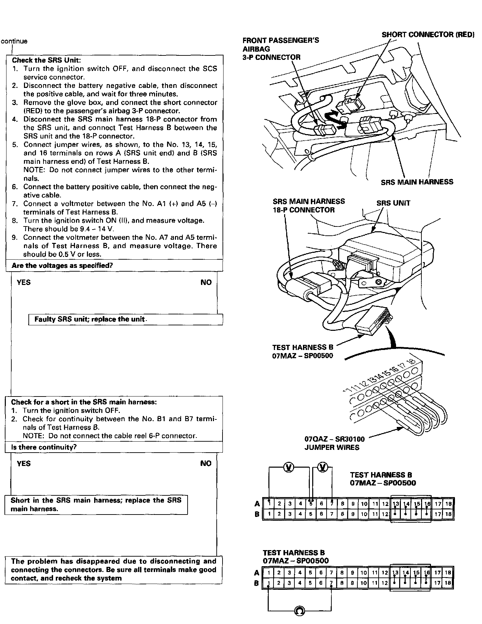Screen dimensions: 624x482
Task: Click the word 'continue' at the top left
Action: click(x=14, y=41)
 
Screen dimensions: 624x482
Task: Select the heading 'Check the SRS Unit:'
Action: click(x=46, y=60)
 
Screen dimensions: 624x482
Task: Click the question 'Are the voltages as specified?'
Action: click(x=62, y=265)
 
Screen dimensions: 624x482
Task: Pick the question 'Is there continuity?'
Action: click(x=44, y=447)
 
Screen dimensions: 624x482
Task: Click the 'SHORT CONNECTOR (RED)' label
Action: click(x=428, y=35)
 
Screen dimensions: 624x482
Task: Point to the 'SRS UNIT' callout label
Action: click(x=393, y=203)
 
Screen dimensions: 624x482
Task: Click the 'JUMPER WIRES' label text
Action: click(x=332, y=447)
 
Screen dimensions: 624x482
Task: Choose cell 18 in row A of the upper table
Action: click(x=448, y=504)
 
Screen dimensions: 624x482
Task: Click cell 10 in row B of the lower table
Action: click(x=363, y=583)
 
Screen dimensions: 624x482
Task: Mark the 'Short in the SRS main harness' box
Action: click(x=96, y=504)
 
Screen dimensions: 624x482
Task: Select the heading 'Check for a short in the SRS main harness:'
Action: click(x=84, y=402)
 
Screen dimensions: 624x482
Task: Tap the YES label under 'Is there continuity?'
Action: click(x=24, y=464)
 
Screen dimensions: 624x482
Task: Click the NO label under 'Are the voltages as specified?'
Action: click(x=206, y=282)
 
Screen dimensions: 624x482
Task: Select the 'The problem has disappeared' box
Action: click(x=113, y=570)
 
